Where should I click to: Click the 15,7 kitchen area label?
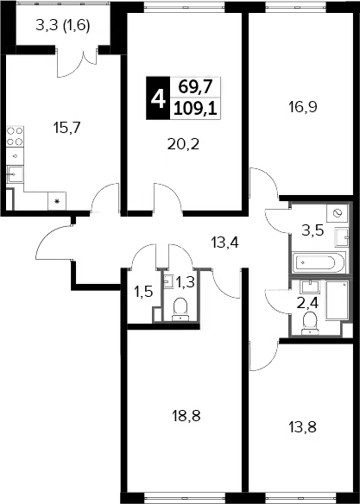[66, 129]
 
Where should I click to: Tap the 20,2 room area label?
[183, 144]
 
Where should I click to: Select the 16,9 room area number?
[303, 107]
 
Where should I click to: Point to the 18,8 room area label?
[186, 416]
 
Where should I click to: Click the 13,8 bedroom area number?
[302, 427]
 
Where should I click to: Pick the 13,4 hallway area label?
[224, 242]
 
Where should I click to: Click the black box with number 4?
[158, 98]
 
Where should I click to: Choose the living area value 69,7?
[195, 86]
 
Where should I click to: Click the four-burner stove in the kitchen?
[15, 136]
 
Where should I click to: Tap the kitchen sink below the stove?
[15, 174]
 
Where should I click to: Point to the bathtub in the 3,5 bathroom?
[319, 262]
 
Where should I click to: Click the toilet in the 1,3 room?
[180, 309]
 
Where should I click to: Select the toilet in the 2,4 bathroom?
[310, 323]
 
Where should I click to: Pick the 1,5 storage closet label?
[144, 293]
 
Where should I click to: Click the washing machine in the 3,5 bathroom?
[337, 213]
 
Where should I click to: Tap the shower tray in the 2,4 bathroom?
[337, 300]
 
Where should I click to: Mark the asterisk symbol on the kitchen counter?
[57, 201]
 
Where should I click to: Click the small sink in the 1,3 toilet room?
[168, 281]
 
